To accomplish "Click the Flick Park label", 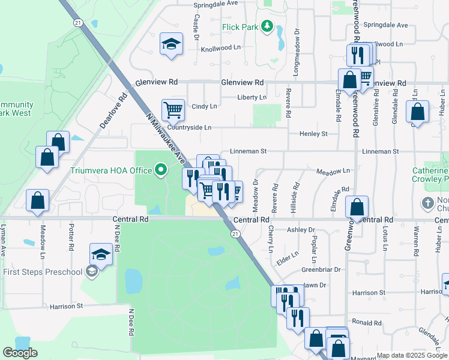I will [x=240, y=27].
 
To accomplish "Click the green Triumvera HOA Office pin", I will [x=160, y=170].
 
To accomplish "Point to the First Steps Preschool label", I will [x=42, y=272].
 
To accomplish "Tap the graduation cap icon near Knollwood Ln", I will [x=172, y=44].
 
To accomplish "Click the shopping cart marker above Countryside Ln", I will [x=173, y=110].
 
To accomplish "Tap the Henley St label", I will [x=314, y=133].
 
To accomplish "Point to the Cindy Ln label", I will [x=204, y=106].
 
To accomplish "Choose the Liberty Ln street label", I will [x=252, y=97].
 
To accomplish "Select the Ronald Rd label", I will [x=367, y=322].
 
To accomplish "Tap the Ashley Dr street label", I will [x=301, y=230].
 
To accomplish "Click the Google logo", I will [x=20, y=352].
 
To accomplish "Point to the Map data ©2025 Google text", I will [x=412, y=355].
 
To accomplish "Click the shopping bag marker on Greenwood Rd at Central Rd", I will [x=357, y=208].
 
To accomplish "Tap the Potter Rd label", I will [x=71, y=238].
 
